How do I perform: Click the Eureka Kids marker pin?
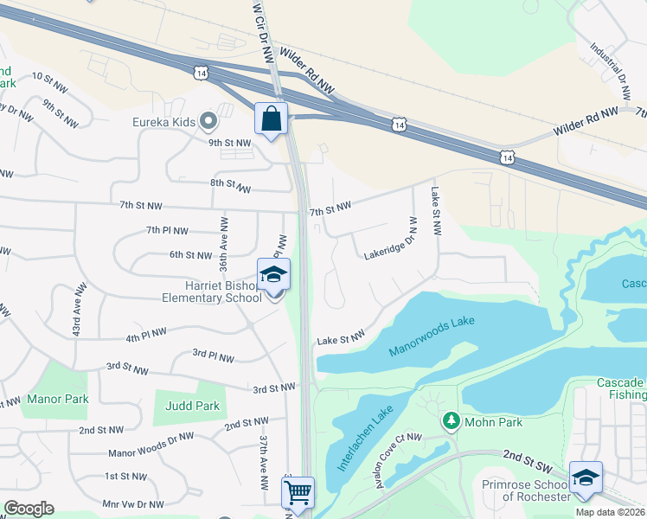click(x=207, y=120)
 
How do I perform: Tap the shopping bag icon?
click(x=271, y=119)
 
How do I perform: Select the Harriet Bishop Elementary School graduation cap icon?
click(x=274, y=276)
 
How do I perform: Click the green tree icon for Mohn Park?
click(x=450, y=420)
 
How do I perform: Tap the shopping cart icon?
click(x=298, y=493)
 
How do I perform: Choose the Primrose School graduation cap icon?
click(x=586, y=477)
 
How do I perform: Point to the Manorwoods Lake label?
click(x=432, y=336)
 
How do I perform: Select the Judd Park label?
click(x=192, y=406)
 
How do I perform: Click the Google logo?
click(x=29, y=508)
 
